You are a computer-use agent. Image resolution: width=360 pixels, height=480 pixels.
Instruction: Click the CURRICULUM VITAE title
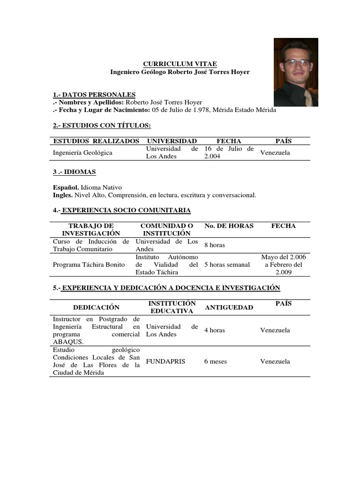click(180, 64)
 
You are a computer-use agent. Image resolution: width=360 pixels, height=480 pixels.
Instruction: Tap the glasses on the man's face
click(296, 62)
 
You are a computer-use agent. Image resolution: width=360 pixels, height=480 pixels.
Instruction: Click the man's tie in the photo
click(308, 97)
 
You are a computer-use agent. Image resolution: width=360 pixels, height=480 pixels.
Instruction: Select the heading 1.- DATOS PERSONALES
click(94, 94)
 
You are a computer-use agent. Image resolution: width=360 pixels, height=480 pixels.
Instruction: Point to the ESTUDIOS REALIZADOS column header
click(96, 141)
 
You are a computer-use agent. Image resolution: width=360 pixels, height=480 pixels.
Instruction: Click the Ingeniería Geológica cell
click(82, 153)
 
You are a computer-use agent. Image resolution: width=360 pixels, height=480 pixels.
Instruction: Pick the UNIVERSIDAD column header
click(172, 141)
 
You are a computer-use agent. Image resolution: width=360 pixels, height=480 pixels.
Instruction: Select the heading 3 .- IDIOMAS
click(75, 172)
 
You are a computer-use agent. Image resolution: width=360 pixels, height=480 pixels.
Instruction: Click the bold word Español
click(65, 187)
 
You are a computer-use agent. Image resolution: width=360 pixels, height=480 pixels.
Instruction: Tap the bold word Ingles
click(62, 195)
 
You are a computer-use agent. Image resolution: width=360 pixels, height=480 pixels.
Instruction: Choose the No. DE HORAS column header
click(229, 226)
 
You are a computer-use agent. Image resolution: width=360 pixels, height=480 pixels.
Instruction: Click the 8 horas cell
click(214, 245)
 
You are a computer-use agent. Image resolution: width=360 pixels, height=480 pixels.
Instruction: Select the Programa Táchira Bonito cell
click(89, 265)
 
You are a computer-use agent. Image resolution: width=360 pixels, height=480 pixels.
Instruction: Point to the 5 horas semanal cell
click(227, 265)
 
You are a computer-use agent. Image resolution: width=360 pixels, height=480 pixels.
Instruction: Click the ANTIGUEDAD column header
click(229, 307)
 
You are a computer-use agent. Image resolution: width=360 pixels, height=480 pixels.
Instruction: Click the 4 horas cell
click(214, 330)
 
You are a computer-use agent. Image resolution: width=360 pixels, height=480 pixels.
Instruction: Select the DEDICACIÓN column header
click(96, 307)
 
